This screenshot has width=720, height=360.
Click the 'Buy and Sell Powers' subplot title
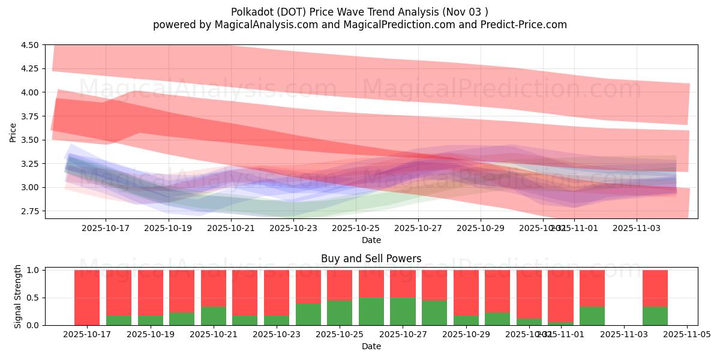(x=371, y=259)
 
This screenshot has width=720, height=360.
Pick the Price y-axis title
(x=13, y=131)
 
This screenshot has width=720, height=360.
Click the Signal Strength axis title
(x=18, y=296)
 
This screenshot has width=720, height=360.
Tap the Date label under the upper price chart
(x=371, y=240)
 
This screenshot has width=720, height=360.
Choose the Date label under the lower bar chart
(x=371, y=346)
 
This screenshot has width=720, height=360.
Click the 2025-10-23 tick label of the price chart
(x=293, y=228)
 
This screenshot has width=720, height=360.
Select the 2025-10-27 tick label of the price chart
(x=418, y=228)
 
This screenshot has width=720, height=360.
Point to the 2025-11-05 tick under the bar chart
(x=686, y=335)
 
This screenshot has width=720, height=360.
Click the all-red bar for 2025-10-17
(x=87, y=297)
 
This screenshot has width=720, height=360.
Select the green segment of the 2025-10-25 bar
(x=340, y=313)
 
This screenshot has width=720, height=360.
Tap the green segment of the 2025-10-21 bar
(x=213, y=316)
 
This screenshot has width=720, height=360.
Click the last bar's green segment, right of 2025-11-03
(x=655, y=316)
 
